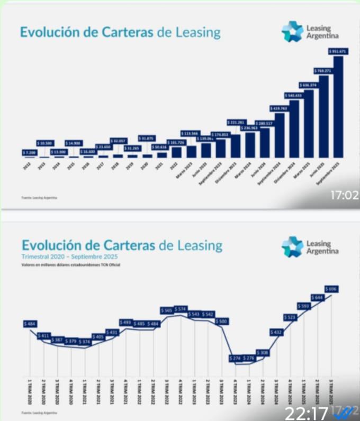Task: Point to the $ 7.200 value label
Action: [30, 152]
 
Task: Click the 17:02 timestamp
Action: [344, 196]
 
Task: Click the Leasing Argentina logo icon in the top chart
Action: [292, 31]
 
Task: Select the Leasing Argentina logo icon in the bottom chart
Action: [292, 247]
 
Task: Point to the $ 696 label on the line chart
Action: [333, 289]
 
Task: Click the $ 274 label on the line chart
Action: [236, 358]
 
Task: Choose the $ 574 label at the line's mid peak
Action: [181, 308]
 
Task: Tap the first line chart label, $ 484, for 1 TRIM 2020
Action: [30, 323]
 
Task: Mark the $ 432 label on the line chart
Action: [277, 332]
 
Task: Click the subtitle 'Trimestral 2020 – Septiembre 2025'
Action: [70, 257]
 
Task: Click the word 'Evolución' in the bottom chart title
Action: [50, 245]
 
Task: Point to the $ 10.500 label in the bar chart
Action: [45, 143]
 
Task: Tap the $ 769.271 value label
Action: [322, 70]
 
